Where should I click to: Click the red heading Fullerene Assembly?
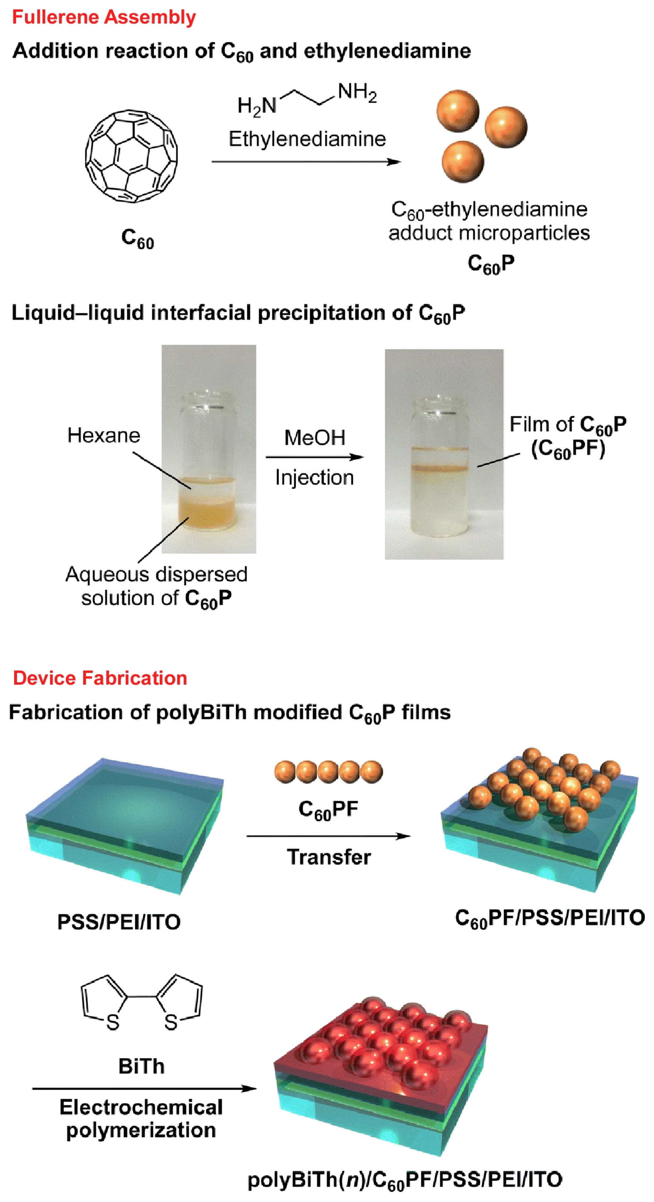[x=103, y=17]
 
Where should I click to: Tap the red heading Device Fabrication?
[x=100, y=678]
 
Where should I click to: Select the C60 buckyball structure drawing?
[x=131, y=156]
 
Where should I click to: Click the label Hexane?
[x=103, y=435]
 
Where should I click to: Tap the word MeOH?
[x=314, y=438]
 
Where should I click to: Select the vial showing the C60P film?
[x=444, y=467]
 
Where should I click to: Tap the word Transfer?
[x=329, y=857]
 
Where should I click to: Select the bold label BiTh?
[x=141, y=1066]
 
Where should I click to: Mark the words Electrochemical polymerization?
[x=141, y=1119]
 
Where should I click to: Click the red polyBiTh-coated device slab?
[x=380, y=1073]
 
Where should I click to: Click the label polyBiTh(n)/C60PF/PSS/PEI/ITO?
[x=404, y=1179]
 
